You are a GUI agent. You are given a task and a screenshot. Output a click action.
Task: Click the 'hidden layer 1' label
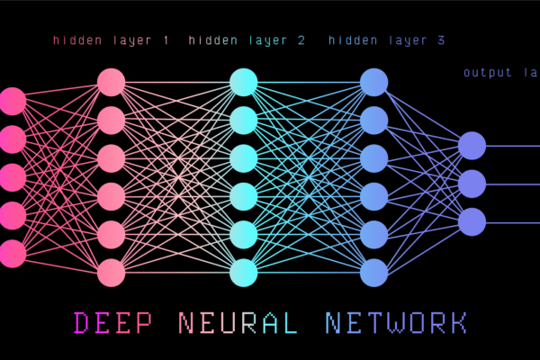112,40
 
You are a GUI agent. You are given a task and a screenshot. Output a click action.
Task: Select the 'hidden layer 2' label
247,40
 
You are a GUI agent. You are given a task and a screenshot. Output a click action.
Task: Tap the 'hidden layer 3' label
386,40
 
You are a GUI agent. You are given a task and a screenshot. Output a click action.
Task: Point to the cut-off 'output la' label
500,72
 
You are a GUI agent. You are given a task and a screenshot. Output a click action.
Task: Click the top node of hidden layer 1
111,82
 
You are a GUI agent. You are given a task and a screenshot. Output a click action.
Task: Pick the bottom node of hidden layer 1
111,271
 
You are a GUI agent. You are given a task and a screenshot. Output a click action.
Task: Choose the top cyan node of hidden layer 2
243,82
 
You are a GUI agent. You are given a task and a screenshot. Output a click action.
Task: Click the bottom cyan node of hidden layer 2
243,271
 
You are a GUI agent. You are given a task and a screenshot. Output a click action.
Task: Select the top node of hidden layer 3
373,82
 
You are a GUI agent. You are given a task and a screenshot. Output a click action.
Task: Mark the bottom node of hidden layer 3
373,271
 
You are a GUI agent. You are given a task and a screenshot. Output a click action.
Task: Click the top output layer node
472,145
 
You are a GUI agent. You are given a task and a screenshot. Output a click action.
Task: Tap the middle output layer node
472,183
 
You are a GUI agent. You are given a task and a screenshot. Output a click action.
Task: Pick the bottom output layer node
472,220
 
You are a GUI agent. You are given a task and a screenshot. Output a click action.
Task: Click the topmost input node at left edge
12,101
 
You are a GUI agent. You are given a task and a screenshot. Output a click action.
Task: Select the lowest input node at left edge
12,253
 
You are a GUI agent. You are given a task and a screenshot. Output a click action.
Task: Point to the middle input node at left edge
12,177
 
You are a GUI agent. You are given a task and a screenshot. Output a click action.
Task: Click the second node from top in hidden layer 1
111,120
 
